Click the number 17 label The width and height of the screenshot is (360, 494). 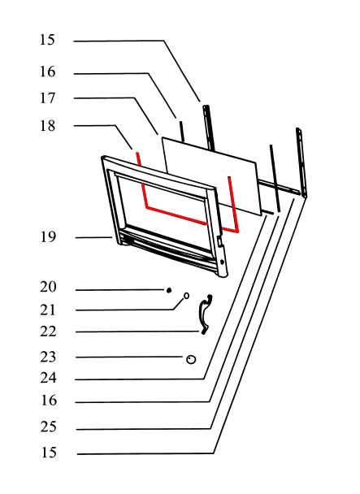click(x=47, y=98)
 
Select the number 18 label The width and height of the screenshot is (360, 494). click(x=47, y=126)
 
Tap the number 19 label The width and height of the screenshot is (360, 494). click(x=48, y=237)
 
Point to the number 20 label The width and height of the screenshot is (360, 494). click(x=48, y=287)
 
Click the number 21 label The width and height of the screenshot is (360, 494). click(x=48, y=310)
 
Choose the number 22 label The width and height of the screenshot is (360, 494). click(x=48, y=331)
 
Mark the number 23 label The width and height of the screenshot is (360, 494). click(x=48, y=357)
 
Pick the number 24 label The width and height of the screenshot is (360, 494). click(x=48, y=378)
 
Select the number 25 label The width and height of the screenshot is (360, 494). click(x=48, y=427)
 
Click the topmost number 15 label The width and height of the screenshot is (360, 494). click(x=47, y=40)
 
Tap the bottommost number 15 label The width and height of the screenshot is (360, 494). click(x=49, y=453)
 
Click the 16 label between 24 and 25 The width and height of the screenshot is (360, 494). click(x=49, y=400)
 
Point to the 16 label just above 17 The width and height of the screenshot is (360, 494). click(x=47, y=71)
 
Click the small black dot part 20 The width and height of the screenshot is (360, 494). click(x=169, y=290)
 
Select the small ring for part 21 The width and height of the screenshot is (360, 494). click(x=186, y=296)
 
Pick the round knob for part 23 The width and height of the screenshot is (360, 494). click(x=191, y=359)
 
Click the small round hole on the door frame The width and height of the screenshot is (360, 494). click(x=222, y=262)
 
